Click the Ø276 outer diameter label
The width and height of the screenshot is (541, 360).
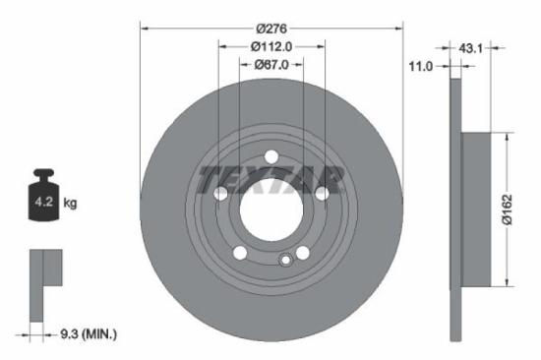(x=271, y=29)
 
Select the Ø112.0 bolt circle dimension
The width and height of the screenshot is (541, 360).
(x=271, y=46)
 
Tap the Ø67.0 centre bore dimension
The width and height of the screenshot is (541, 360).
(x=271, y=65)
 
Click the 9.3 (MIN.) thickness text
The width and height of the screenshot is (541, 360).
(x=87, y=334)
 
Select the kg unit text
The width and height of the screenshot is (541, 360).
(x=71, y=204)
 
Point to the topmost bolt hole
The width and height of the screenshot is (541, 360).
(x=271, y=154)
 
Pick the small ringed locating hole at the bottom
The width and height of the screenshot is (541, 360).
(x=286, y=260)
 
